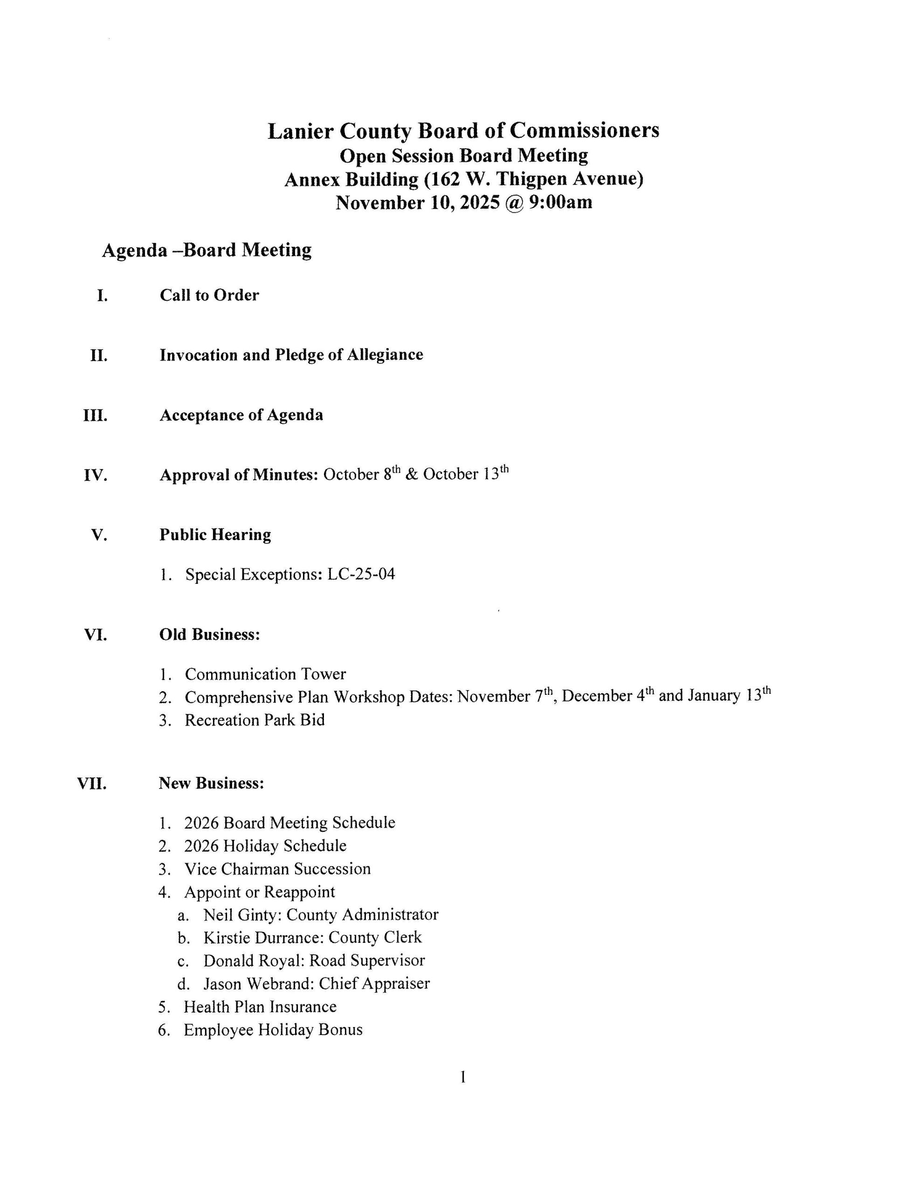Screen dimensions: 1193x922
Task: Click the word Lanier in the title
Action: pos(300,131)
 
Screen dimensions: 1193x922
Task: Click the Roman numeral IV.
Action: pos(95,475)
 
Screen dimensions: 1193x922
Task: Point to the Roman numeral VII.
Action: pos(92,783)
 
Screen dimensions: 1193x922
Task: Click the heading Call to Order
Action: pos(209,295)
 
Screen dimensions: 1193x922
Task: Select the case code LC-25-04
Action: pos(361,574)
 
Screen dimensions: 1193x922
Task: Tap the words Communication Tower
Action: pos(265,674)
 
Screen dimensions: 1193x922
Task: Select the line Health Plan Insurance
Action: pos(260,1007)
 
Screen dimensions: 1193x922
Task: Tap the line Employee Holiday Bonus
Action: pos(273,1030)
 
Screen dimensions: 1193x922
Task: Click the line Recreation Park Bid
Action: pos(254,720)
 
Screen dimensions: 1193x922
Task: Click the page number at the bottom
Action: pos(462,1077)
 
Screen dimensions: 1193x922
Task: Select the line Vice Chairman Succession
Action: pos(277,869)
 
